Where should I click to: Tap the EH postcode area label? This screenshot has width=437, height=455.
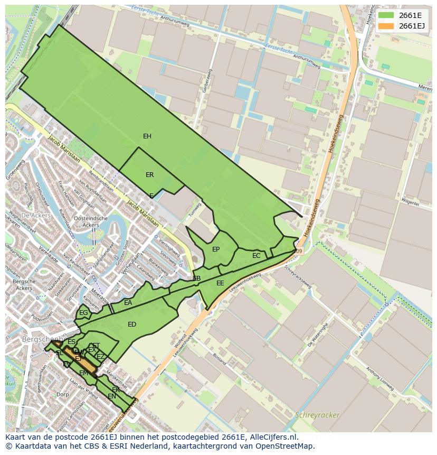(147, 136)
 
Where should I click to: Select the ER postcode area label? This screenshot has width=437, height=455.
(150, 175)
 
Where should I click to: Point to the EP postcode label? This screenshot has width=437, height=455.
(216, 249)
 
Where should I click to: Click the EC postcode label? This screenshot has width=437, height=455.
(256, 256)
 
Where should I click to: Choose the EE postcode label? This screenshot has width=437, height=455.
(220, 283)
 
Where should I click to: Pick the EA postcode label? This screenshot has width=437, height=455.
(128, 303)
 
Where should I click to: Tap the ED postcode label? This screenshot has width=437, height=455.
(132, 324)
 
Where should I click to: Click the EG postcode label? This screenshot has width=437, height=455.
(83, 313)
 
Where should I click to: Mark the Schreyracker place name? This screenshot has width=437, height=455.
(318, 415)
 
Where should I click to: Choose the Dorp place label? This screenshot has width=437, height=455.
(62, 394)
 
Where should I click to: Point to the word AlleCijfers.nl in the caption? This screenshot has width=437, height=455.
(274, 437)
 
